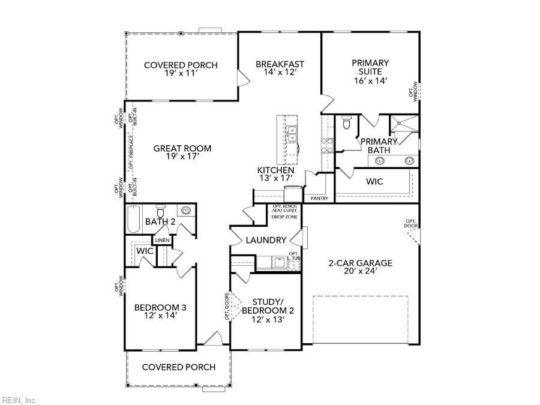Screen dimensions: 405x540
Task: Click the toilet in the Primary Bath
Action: click(346, 123)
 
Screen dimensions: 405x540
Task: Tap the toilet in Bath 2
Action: click(160, 212)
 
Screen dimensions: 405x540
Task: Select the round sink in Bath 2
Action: click(187, 211)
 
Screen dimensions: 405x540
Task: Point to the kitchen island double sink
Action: click(292, 134)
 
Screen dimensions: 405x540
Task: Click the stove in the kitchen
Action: click(327, 146)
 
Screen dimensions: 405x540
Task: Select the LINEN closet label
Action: click(162, 241)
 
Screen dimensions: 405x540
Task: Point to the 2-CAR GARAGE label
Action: click(360, 263)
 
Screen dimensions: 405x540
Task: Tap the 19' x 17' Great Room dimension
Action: click(182, 157)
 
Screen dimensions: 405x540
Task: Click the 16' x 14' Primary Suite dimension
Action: click(370, 80)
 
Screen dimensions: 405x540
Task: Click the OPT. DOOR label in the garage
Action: click(410, 224)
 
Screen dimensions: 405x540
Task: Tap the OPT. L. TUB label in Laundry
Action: click(293, 256)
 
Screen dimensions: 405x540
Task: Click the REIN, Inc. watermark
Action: click(20, 400)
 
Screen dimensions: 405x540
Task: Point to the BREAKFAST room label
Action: click(280, 64)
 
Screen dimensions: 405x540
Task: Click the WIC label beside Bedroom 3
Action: click(144, 251)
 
